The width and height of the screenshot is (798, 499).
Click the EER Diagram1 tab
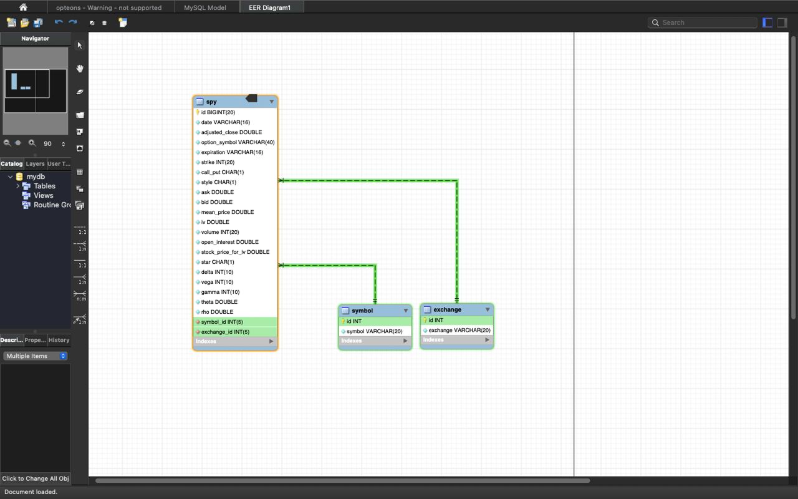click(270, 7)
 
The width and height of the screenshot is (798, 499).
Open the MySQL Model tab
click(205, 7)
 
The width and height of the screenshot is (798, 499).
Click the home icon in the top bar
click(23, 7)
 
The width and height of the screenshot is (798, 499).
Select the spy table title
click(211, 102)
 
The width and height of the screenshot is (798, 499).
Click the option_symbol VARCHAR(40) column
click(238, 142)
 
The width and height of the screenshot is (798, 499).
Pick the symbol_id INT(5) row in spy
click(222, 322)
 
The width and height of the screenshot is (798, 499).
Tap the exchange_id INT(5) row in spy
click(225, 332)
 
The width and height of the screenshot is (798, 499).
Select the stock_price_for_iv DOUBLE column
click(235, 252)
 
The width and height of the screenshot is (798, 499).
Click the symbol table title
click(362, 311)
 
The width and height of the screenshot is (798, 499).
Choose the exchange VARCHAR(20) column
click(459, 330)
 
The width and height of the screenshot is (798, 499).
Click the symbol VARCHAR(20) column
click(374, 331)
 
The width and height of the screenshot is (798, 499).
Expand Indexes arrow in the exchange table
click(487, 340)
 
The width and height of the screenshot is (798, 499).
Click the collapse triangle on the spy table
click(271, 102)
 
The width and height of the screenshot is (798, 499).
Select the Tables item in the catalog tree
click(44, 186)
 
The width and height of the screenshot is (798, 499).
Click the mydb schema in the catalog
click(36, 177)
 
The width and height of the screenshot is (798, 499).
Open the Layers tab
click(35, 163)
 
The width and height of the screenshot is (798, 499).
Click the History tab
click(59, 340)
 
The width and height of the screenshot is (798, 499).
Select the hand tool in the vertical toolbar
click(80, 69)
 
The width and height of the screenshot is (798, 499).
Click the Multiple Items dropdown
click(36, 356)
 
